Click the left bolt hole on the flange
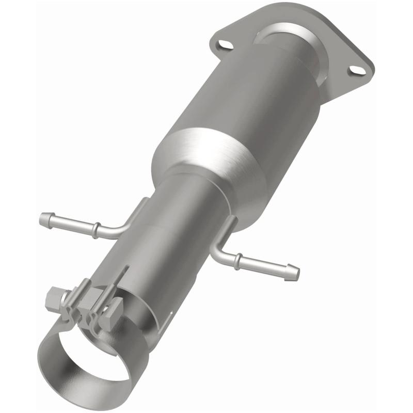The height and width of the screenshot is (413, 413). tap(223, 45)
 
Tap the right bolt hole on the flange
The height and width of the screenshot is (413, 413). tap(355, 69)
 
